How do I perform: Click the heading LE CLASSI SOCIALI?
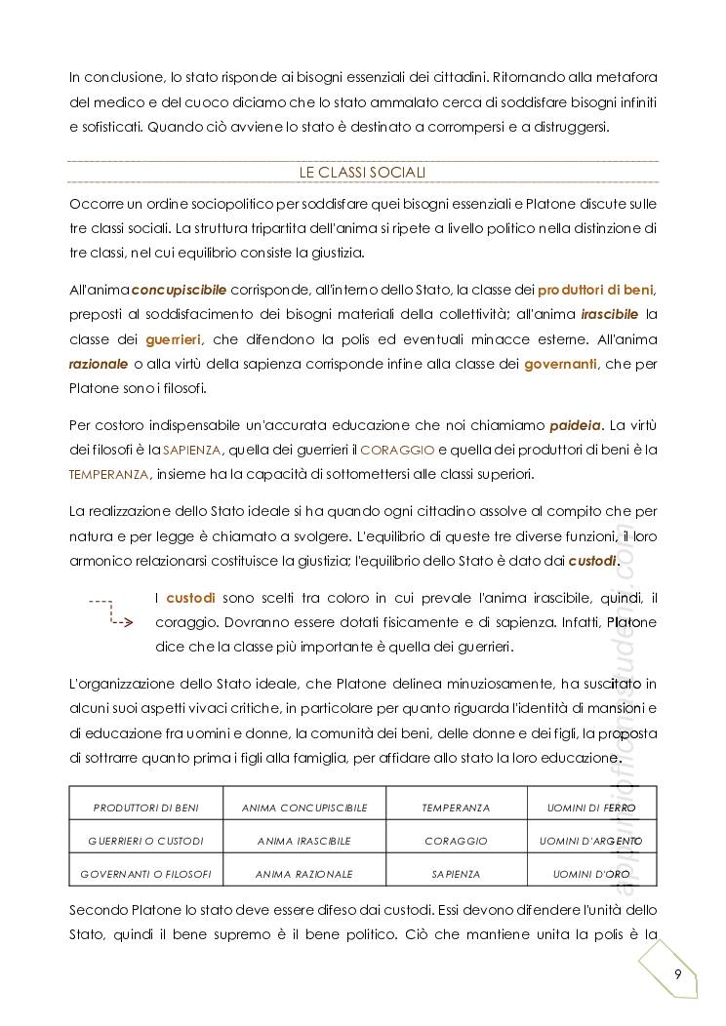pos(362,172)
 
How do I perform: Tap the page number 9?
pos(677,975)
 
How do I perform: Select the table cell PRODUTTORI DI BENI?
pos(145,808)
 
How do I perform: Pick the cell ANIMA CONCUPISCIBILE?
pos(304,808)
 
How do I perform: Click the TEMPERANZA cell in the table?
pos(456,808)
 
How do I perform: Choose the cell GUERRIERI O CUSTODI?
pos(145,841)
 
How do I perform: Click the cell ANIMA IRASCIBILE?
pos(304,841)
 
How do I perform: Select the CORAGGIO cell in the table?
pos(456,841)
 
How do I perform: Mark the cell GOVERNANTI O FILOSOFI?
pos(145,874)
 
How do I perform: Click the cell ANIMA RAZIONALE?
pos(304,874)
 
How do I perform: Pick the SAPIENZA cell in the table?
pos(456,874)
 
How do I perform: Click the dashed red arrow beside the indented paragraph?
pos(110,612)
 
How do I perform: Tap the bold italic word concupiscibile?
pos(180,290)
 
